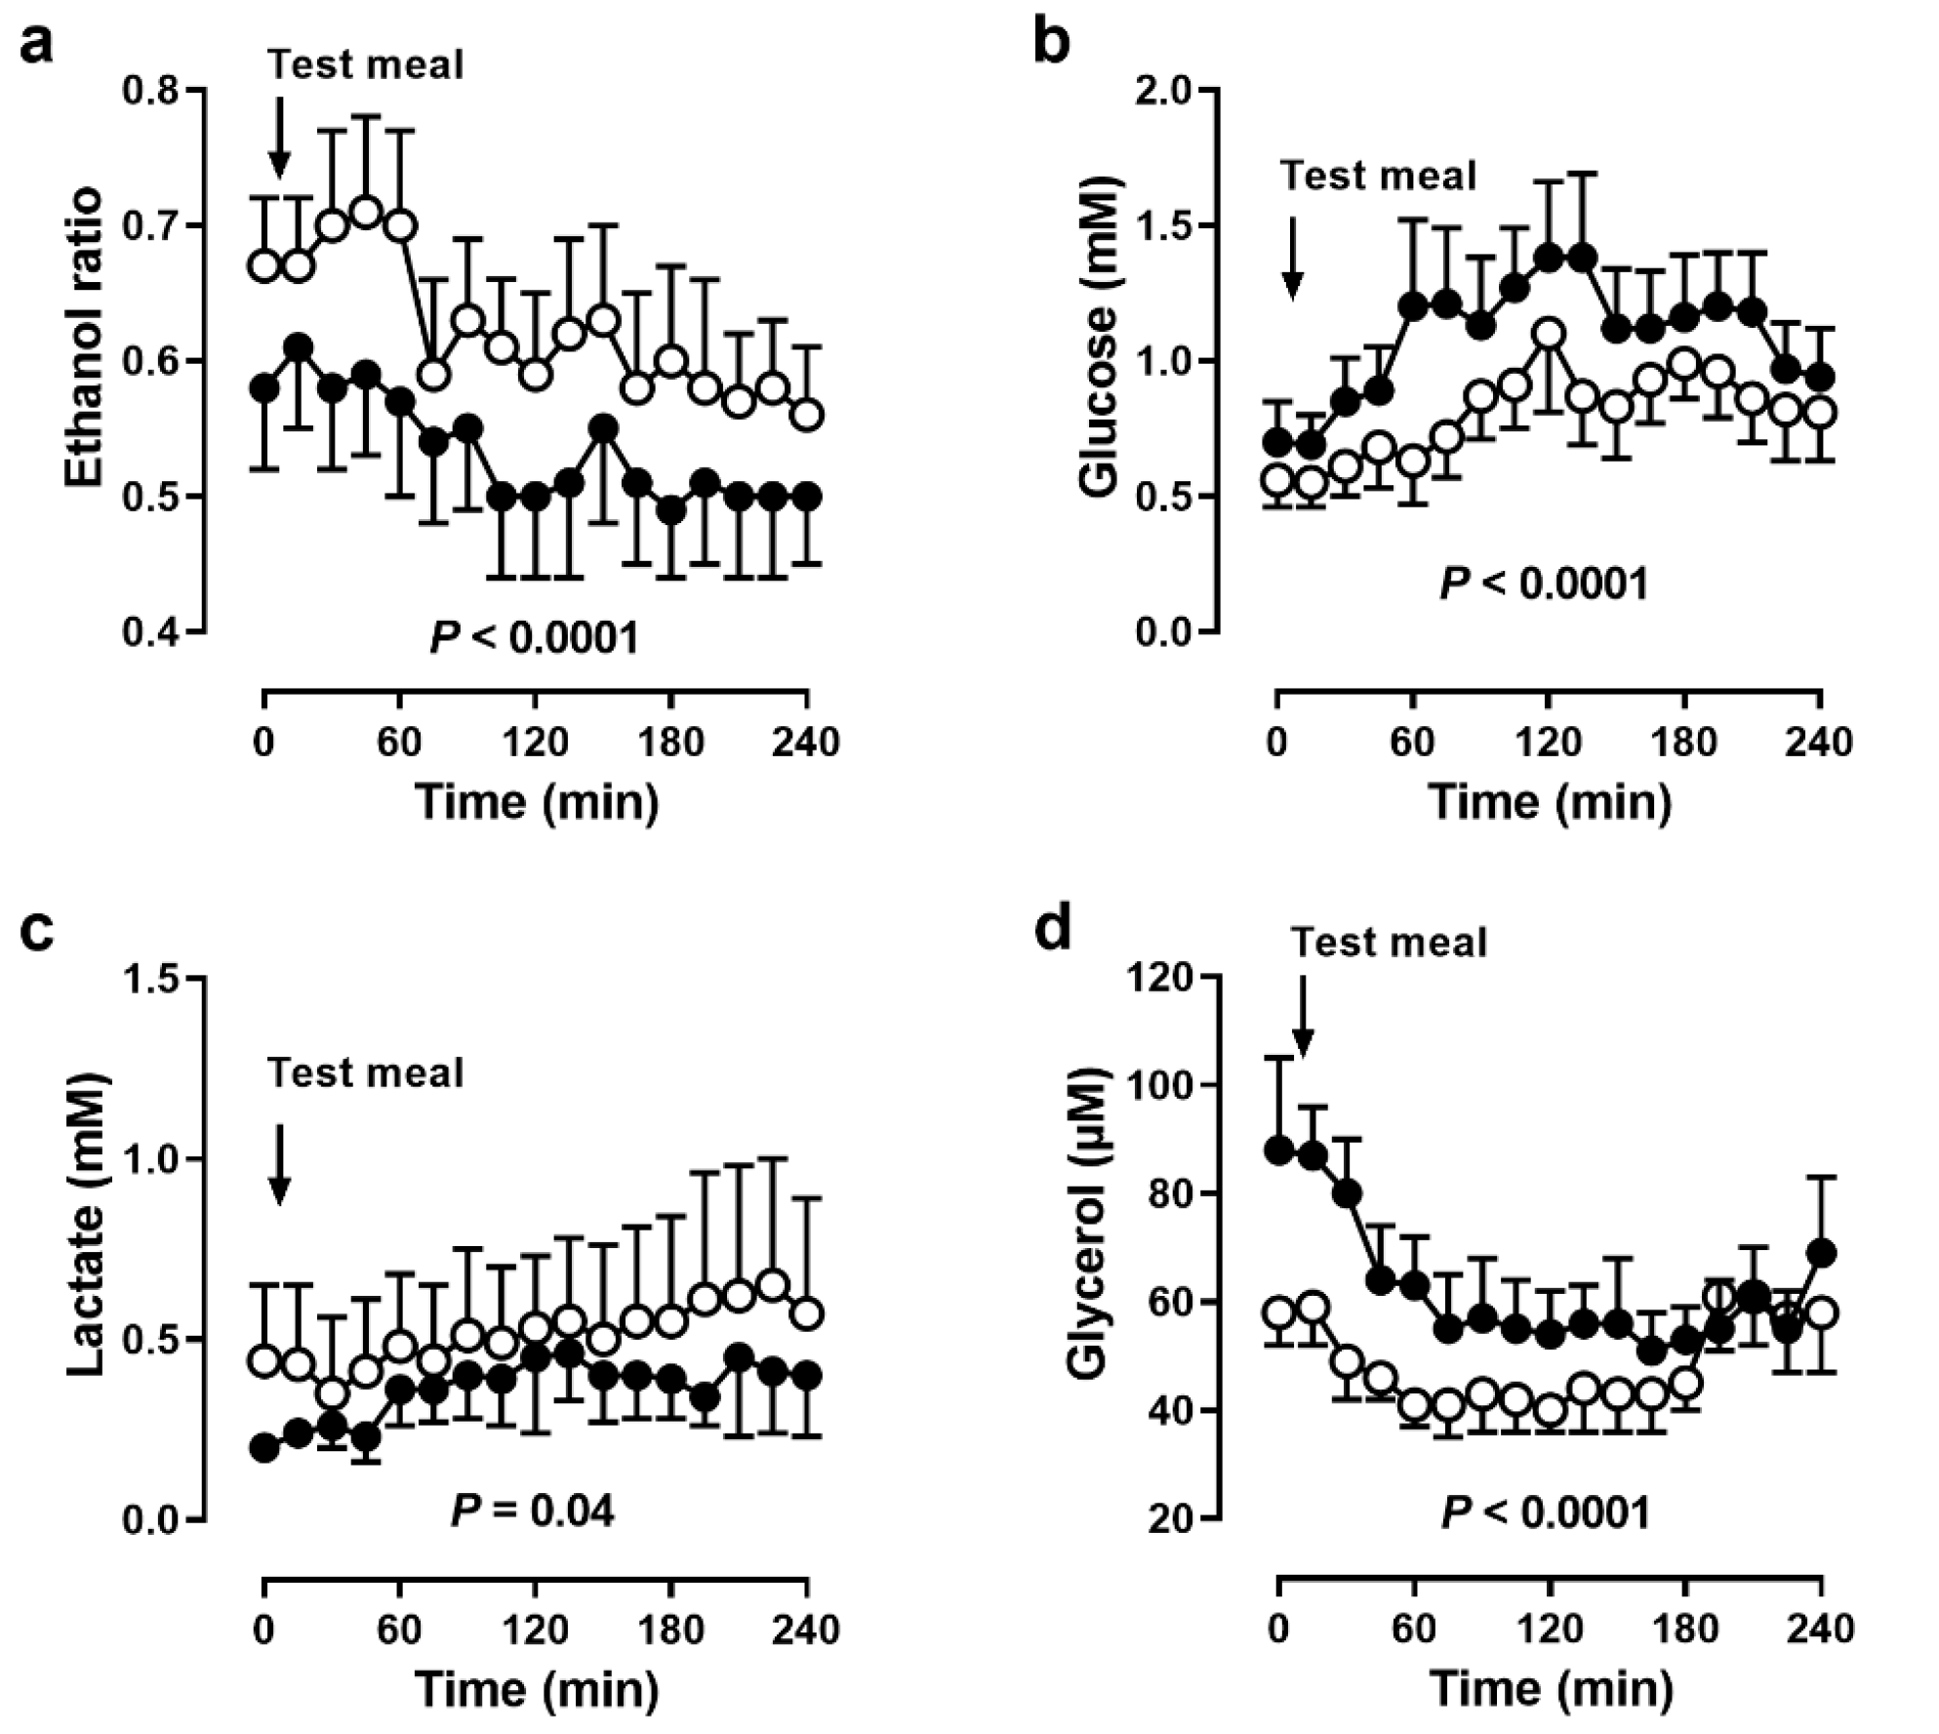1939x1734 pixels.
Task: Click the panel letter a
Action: click(x=36, y=46)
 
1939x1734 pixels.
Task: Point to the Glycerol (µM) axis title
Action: click(x=1087, y=1225)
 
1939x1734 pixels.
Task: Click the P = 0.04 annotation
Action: click(x=533, y=1512)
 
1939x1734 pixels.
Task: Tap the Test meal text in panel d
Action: click(x=1389, y=943)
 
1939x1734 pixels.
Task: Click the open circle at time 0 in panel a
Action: click(x=264, y=266)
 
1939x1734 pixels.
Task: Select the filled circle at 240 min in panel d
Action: click(x=1820, y=1252)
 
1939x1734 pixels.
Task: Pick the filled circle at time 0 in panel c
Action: click(x=264, y=1447)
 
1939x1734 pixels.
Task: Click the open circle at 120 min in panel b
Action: click(x=1549, y=334)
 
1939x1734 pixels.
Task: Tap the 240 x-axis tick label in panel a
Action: click(x=806, y=744)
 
